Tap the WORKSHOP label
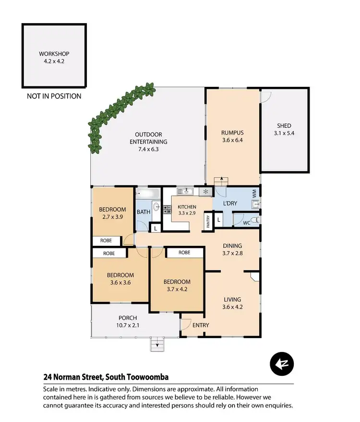point(54,54)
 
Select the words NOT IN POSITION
point(54,96)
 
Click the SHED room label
point(284,126)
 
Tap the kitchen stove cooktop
point(168,209)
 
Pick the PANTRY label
point(208,221)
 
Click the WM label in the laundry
point(254,193)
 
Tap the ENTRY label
point(200,325)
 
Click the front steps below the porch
point(157,343)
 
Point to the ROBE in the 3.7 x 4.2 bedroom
point(184,253)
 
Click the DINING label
point(232,246)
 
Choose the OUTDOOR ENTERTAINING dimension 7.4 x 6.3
point(148,149)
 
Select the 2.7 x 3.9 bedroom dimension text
point(112,217)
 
